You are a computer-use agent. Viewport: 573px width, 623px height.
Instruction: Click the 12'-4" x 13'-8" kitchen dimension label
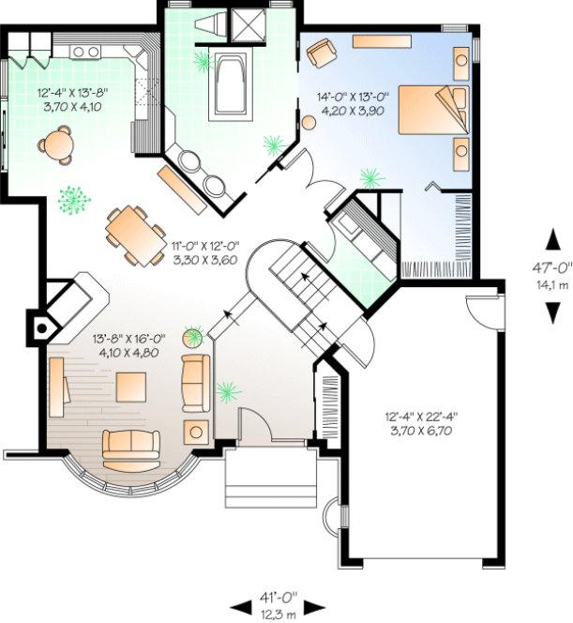pos(65,100)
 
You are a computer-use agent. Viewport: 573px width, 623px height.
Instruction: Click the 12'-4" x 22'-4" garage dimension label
pos(421,422)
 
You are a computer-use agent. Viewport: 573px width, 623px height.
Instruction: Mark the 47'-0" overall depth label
pos(552,272)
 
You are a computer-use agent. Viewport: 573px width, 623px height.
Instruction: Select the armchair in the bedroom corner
pos(322,52)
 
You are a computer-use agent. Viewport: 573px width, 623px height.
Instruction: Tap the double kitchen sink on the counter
pos(85,51)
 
